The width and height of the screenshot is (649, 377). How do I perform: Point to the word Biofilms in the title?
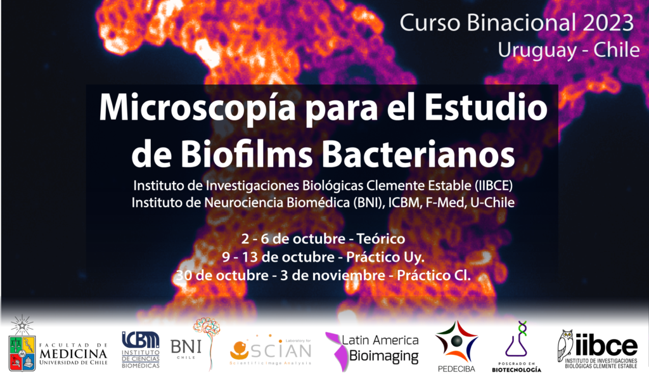[x=247, y=155]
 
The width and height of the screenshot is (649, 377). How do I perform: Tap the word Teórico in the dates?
[x=381, y=239]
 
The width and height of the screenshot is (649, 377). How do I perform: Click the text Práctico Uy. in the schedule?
[x=385, y=257]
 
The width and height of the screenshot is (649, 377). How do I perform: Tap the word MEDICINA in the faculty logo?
[x=74, y=354]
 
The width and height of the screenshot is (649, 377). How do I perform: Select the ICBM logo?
[x=141, y=350]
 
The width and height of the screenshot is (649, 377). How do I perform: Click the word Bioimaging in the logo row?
[x=383, y=356]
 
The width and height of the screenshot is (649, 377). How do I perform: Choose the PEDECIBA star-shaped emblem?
[x=456, y=342]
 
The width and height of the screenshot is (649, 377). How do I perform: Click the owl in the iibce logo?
[x=565, y=346]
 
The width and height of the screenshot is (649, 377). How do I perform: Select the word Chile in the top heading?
[x=617, y=51]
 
